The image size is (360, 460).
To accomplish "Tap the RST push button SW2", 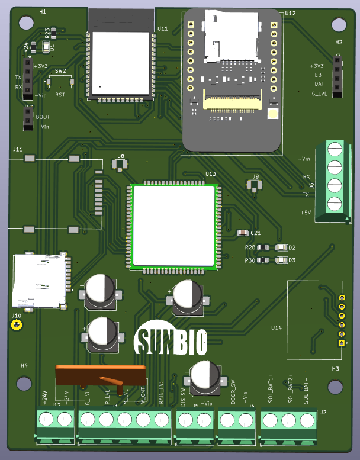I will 60,81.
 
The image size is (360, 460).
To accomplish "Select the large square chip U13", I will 173,224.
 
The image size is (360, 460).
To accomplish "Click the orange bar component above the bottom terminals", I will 100,375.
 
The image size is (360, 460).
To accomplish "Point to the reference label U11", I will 163,28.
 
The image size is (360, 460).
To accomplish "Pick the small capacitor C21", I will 242,233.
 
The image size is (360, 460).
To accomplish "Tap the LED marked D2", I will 281,247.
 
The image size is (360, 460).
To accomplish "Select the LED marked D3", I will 281,260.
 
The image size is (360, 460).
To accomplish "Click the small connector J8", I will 120,164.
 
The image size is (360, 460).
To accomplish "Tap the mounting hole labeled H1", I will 27,23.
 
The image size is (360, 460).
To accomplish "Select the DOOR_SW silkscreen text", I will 233,394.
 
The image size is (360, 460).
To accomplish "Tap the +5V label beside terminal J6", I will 306,212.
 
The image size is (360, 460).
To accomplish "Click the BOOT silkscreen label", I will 43,117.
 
